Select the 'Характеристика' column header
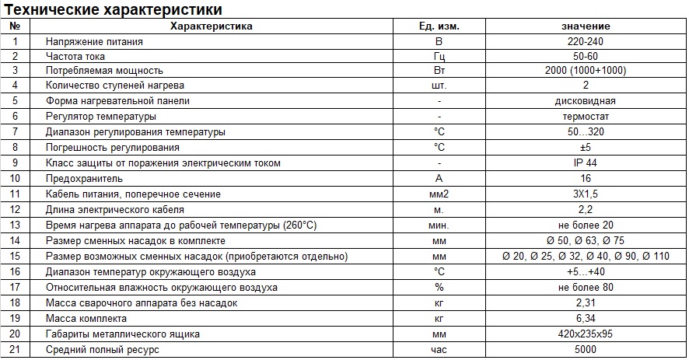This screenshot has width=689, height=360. coord(211,26)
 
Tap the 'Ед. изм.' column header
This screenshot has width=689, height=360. coord(439,26)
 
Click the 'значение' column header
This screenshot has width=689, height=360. coord(586,26)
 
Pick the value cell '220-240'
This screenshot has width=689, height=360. coord(586,40)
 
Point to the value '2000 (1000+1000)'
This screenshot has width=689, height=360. coord(586,71)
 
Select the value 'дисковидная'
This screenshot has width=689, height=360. coord(586,101)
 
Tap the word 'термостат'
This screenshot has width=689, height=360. coord(586,117)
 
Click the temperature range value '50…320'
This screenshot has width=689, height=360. coord(586,132)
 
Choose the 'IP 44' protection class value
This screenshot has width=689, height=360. coord(586,163)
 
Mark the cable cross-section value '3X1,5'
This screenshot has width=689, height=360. coord(586,194)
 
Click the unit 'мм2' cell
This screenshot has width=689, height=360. coord(439,194)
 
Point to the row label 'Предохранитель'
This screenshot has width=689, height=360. coord(84,179)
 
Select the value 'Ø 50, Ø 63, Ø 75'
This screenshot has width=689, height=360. coord(586,241)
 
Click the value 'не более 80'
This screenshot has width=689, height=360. coord(586,288)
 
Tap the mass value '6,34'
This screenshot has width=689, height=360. coord(586,319)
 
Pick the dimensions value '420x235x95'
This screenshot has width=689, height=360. coord(586,334)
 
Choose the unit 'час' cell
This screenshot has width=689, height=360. coord(439,350)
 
